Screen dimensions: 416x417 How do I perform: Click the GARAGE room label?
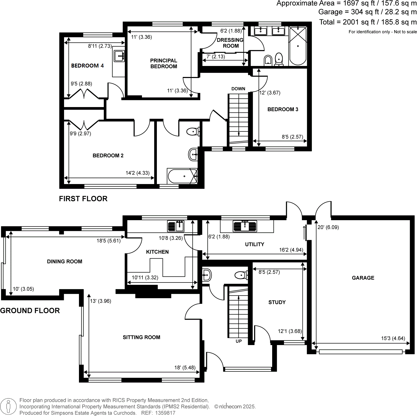point(363,278)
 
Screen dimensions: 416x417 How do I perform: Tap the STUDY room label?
point(277,302)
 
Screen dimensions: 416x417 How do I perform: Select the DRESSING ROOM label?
point(230,43)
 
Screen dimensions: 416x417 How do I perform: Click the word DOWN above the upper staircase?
point(238,89)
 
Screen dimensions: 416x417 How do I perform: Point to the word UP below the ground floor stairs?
point(238,341)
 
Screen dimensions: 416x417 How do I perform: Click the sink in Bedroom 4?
point(119,56)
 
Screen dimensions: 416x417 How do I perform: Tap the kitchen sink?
point(176,226)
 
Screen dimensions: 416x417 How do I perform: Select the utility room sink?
point(245,226)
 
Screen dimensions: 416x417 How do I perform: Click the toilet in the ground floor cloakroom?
point(241,275)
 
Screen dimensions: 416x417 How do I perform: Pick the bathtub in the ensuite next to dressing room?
point(298,46)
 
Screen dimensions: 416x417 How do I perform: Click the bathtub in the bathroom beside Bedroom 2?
point(182,176)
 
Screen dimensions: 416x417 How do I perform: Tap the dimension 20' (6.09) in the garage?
point(328,227)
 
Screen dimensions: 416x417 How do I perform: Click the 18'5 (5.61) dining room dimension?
point(108,241)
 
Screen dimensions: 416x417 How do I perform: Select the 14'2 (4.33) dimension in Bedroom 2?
point(138,173)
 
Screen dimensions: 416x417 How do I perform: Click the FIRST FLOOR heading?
point(83,199)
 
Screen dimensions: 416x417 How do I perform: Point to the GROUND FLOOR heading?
point(30,310)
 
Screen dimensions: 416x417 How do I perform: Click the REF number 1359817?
point(165,413)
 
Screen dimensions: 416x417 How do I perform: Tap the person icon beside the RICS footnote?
point(8,407)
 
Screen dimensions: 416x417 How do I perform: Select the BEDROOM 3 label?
point(283,109)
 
